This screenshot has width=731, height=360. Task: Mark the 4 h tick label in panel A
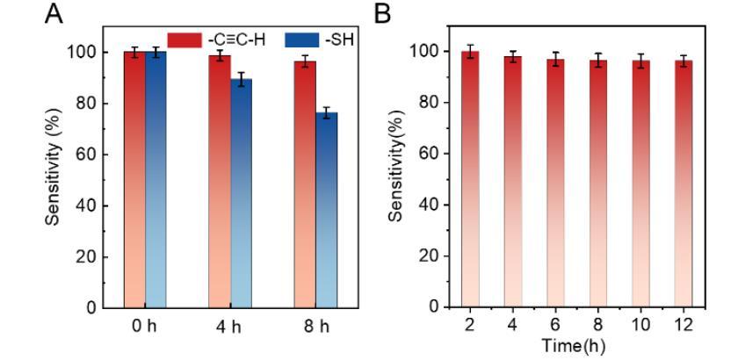point(227,327)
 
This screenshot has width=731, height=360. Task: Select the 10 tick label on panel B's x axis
point(640,326)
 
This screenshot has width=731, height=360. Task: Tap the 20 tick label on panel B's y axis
point(429,257)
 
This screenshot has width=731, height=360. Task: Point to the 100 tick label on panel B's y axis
point(425,52)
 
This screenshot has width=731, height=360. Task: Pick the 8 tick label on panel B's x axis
point(597,326)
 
